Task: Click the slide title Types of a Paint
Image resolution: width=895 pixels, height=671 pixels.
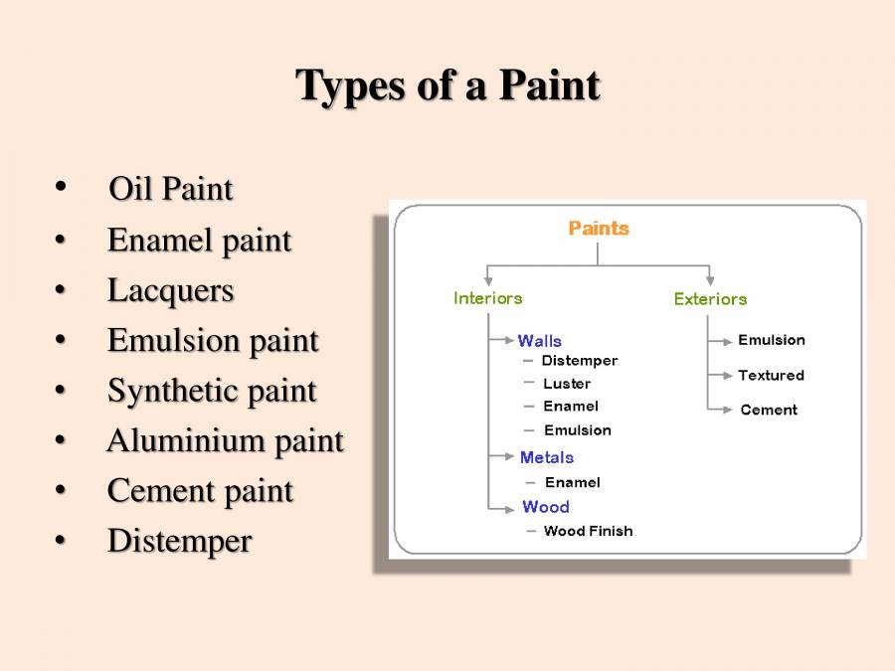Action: pos(447,85)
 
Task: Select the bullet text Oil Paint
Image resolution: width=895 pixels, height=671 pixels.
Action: pos(170,189)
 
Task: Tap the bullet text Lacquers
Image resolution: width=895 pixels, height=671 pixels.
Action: pos(170,290)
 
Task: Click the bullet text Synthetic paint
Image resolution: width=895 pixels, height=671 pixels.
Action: pos(212,391)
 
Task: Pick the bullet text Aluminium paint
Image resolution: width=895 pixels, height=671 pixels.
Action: pos(225,440)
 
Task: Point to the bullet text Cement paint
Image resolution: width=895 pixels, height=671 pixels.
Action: pos(200,491)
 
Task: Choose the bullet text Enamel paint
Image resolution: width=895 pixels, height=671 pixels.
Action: pos(199,240)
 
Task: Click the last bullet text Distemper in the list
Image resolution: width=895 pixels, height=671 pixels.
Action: pos(179,541)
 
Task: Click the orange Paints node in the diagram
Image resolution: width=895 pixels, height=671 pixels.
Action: pos(599,229)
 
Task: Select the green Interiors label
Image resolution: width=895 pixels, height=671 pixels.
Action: pos(487,298)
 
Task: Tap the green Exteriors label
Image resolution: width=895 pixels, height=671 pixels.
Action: pos(710,299)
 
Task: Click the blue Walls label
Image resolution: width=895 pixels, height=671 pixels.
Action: pos(540,341)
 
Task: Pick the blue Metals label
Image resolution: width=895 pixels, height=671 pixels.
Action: pos(547,457)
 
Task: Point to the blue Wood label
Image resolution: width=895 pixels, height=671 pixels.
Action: pos(546,507)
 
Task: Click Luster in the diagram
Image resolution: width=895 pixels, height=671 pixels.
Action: pos(567,384)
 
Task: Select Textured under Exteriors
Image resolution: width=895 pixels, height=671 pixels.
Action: pos(771,376)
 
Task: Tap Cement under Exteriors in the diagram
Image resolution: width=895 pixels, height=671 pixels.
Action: pos(769,410)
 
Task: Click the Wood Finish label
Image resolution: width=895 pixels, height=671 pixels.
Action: pos(588,531)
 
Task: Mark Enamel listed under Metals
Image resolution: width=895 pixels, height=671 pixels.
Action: pos(572,482)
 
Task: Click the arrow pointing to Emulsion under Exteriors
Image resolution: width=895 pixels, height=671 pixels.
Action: pos(721,341)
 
